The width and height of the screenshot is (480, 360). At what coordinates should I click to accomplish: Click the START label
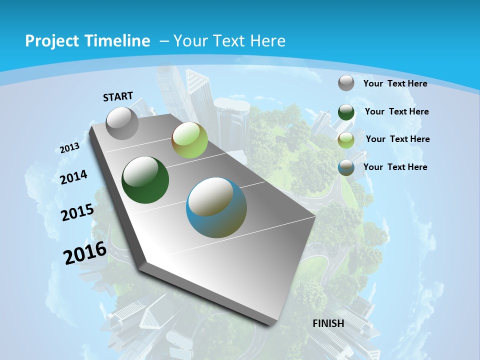[118, 96]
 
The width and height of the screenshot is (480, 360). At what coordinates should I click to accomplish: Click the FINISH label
[328, 323]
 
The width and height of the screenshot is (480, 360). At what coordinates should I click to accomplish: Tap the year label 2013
[69, 148]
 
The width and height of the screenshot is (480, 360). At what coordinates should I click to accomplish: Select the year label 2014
[74, 177]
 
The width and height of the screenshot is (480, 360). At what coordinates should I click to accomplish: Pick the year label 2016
[85, 253]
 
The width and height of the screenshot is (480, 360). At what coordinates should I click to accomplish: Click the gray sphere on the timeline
[122, 123]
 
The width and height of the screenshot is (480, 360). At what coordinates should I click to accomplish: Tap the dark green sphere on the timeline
[145, 180]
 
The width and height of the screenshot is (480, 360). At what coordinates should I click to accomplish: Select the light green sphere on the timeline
[189, 140]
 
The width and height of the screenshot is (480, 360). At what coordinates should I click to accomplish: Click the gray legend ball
[346, 83]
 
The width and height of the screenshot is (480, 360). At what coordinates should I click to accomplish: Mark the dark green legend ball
[346, 112]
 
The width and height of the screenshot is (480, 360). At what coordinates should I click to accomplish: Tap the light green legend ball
[346, 140]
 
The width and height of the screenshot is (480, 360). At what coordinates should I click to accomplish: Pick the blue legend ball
[346, 168]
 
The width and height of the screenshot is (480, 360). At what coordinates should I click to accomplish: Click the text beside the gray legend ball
[395, 83]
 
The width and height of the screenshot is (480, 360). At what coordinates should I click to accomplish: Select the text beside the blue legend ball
[395, 167]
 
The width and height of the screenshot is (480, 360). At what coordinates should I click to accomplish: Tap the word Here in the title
[268, 41]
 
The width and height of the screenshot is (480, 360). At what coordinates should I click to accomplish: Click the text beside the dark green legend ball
[396, 111]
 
